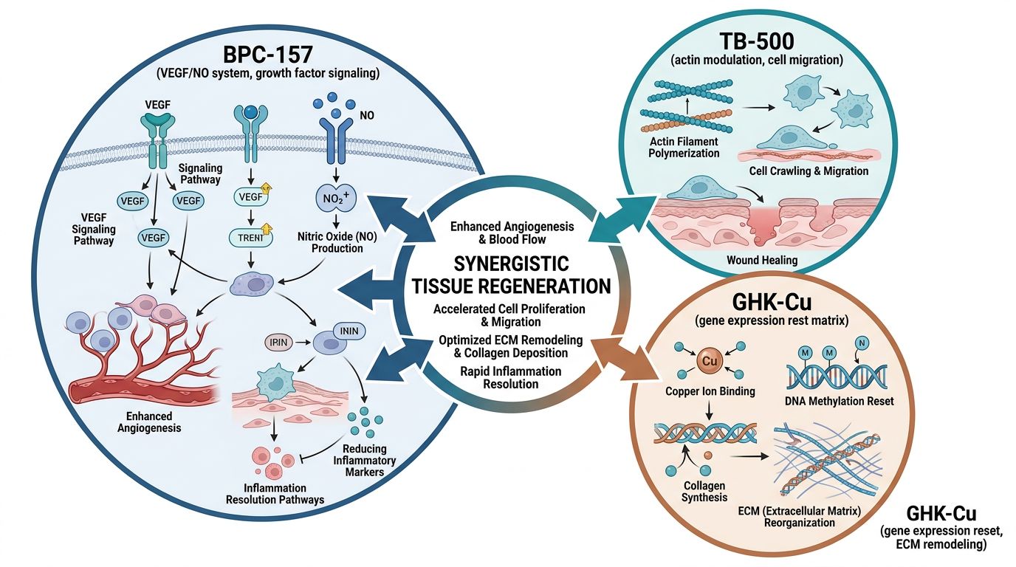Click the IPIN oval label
[278, 343]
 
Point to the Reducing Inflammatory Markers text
[365, 460]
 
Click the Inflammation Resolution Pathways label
[275, 494]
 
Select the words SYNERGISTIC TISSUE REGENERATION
[511, 275]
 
